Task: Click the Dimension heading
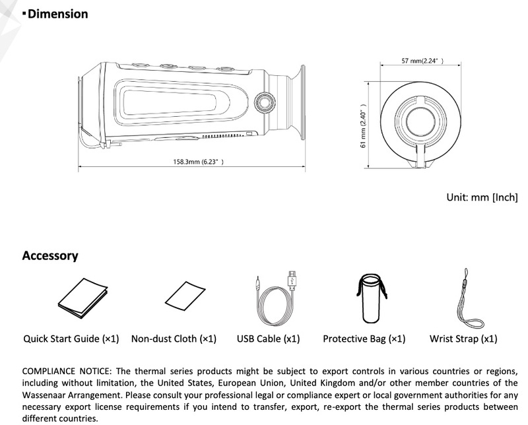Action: [x=58, y=14]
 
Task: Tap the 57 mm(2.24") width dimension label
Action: [x=422, y=61]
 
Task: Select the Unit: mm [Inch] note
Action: [x=481, y=197]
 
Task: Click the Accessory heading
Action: [x=50, y=255]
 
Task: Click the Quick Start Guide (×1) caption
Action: [x=71, y=339]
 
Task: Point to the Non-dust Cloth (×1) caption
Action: [x=174, y=339]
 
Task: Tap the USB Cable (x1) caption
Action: [x=268, y=339]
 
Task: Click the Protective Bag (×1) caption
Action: [x=364, y=339]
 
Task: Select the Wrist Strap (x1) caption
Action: [x=463, y=339]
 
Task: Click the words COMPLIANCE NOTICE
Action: [x=63, y=372]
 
